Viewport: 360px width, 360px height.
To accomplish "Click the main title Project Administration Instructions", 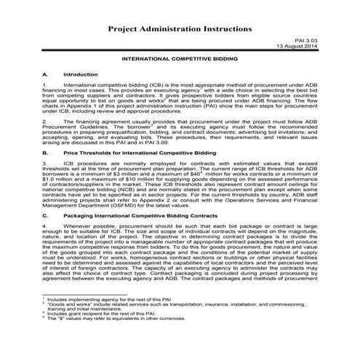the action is [x=180, y=28].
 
